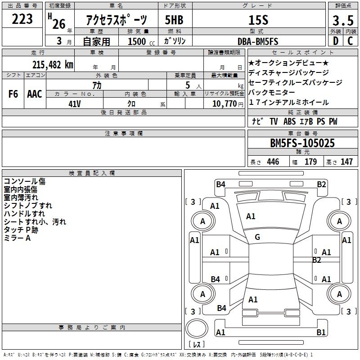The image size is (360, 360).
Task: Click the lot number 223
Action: pos(22,19)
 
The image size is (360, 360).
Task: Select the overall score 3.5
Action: pos(342,21)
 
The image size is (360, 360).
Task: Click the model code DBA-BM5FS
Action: pos(258,41)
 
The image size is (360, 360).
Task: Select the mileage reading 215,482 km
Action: pos(53,64)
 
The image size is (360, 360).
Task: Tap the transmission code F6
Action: pos(13,94)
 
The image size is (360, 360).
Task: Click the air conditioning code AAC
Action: pos(34,94)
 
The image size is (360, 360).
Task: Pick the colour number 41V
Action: pos(74,103)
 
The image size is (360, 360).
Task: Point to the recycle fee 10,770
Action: pos(223,103)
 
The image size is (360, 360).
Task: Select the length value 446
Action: pos(273,162)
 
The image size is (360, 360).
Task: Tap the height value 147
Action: pos(346,162)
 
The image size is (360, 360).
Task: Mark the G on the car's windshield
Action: pos(257,237)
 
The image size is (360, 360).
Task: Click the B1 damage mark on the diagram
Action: pos(321,333)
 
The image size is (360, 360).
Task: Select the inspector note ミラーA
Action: pos(17,238)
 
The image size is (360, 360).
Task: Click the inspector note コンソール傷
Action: pos(24,181)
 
